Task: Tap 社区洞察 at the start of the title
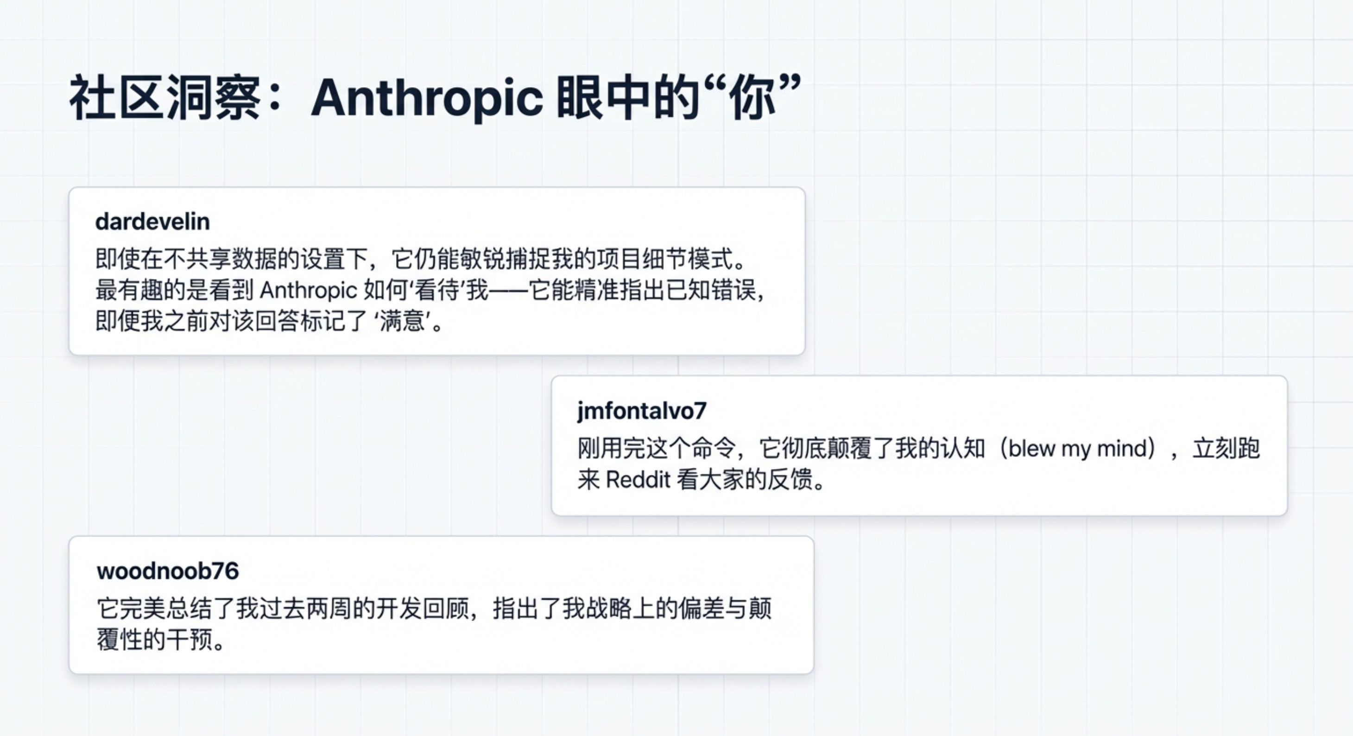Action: coord(165,98)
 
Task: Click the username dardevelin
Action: coord(152,222)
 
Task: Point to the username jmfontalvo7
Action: coord(642,411)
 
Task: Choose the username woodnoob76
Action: coord(168,571)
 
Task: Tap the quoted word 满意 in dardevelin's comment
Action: coord(402,321)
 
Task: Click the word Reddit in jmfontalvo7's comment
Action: coord(638,480)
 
